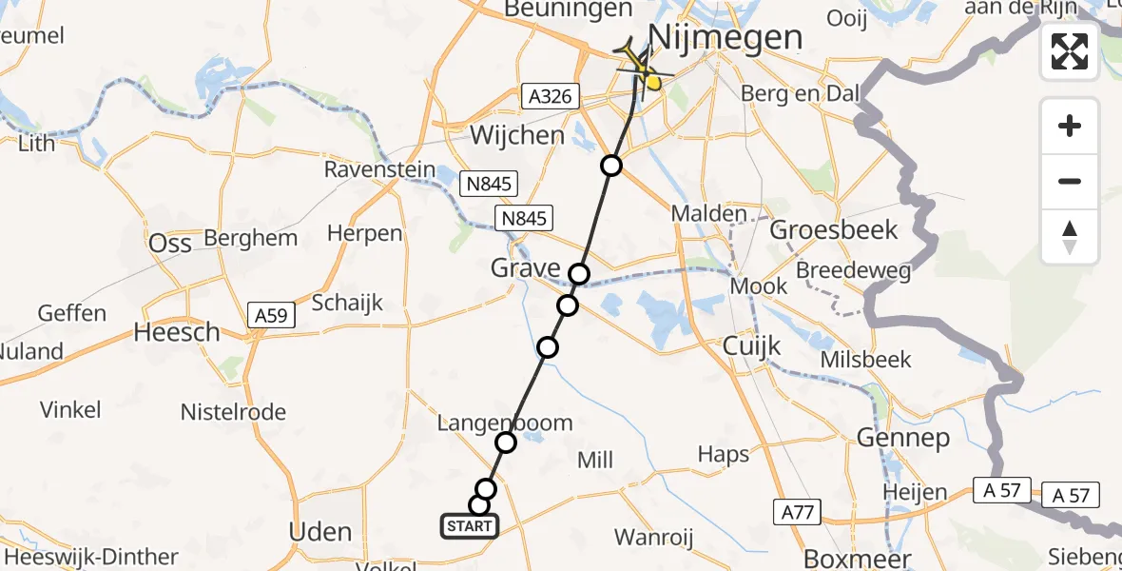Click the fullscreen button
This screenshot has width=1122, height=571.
[x=1070, y=51]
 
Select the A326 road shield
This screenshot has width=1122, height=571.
[x=549, y=95]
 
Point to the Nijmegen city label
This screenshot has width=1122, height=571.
[x=725, y=38]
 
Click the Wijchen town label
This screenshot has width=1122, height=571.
[x=517, y=135]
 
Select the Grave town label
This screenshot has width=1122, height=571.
[x=525, y=268]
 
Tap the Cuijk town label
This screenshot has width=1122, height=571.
[x=751, y=345]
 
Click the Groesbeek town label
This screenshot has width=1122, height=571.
[x=834, y=229]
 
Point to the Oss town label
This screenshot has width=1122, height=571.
[x=170, y=243]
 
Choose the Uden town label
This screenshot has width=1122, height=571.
[x=320, y=531]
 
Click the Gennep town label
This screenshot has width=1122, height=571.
[x=903, y=438]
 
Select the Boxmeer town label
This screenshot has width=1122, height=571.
[x=844, y=559]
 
